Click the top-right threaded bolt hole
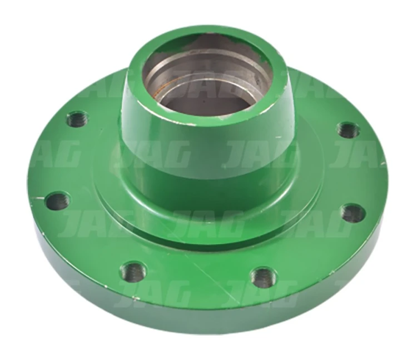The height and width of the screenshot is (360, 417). point(349,130)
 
